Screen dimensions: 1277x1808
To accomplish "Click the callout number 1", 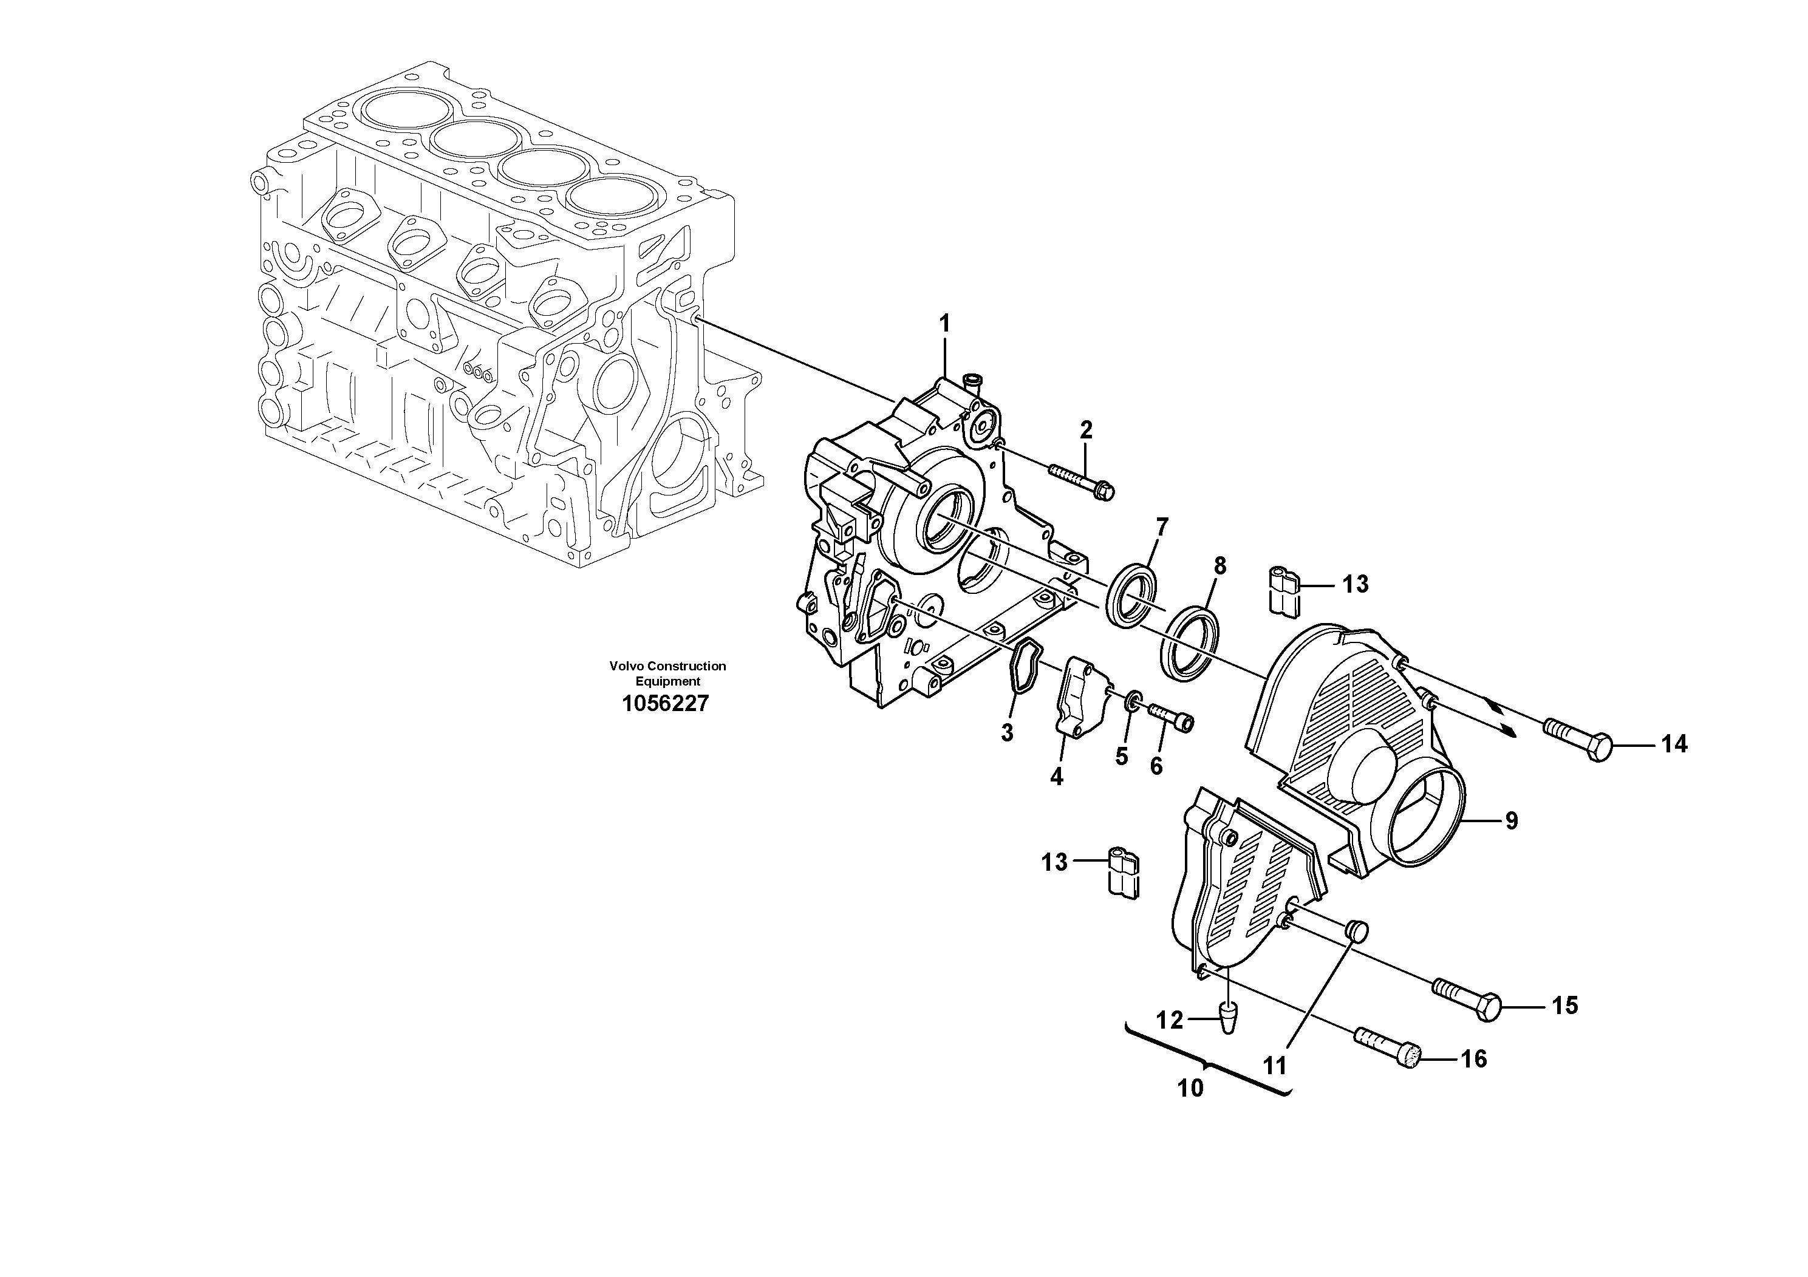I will tap(944, 323).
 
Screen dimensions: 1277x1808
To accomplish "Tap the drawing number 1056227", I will tap(666, 703).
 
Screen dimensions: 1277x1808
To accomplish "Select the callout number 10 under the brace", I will tap(1190, 1088).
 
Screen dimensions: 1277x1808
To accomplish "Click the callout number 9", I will tap(1510, 820).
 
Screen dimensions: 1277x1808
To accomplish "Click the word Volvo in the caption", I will tap(626, 666).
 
